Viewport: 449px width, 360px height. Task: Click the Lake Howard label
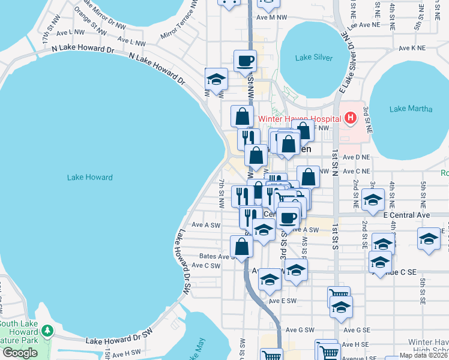pos(90,177)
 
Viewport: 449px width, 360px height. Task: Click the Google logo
pos(20,353)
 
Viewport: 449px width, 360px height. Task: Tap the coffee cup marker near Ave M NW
pos(245,61)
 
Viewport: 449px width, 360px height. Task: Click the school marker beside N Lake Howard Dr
pos(216,79)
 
